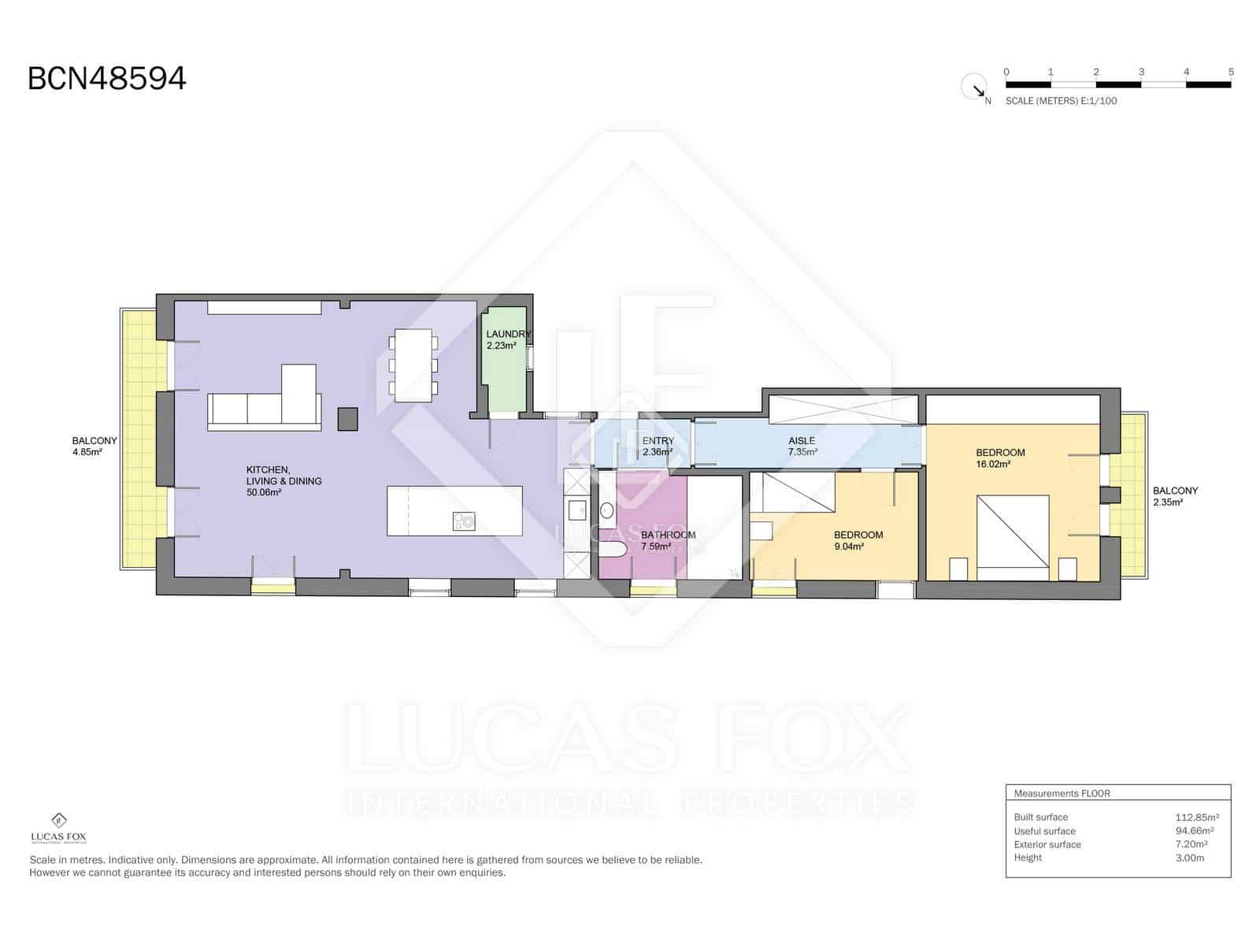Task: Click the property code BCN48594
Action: pos(107,79)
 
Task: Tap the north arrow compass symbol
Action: pos(974,86)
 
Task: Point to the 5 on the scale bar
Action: pos(1230,72)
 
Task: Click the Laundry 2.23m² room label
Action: pos(506,339)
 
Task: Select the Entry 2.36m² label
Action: pos(657,447)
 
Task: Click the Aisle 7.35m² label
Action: pos(802,447)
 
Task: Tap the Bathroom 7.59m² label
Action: pos(667,540)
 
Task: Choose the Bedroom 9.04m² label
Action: pos(858,540)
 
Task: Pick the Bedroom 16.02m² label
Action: pos(999,458)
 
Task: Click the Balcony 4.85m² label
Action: pos(94,447)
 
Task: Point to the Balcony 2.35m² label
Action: pos(1174,495)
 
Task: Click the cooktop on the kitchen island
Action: pos(463,521)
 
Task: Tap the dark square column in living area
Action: pos(347,418)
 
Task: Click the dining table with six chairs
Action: pos(413,365)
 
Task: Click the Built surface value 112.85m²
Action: pos(1197,817)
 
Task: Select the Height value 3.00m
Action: pos(1189,858)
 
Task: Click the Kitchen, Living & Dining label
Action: pos(283,480)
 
